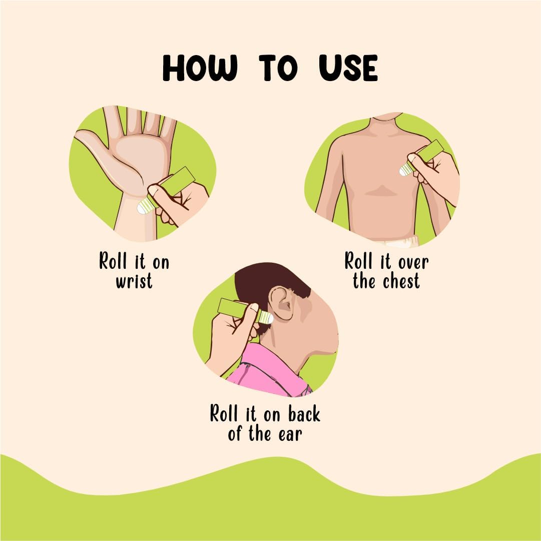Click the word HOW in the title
pyautogui.click(x=200, y=69)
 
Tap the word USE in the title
pyautogui.click(x=348, y=69)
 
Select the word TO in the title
pyautogui.click(x=278, y=69)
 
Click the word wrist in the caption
pyautogui.click(x=134, y=281)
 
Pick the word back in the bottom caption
pyautogui.click(x=304, y=414)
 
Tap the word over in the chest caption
pyautogui.click(x=413, y=262)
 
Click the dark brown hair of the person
pyautogui.click(x=265, y=285)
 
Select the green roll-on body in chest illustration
pyautogui.click(x=429, y=151)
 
